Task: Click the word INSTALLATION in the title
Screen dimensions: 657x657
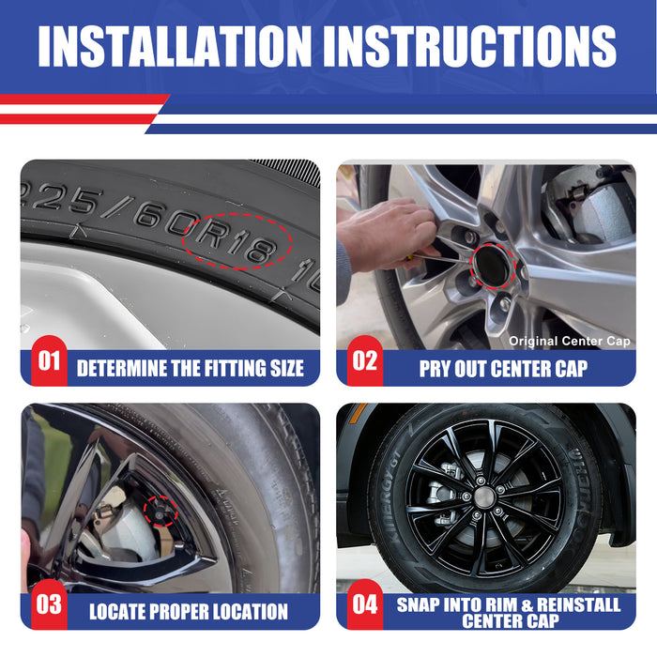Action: point(175,46)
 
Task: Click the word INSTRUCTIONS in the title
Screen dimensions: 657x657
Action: point(469,46)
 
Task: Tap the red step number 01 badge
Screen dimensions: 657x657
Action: point(49,361)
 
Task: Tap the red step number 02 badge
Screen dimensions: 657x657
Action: point(364,361)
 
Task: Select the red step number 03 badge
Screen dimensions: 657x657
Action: point(49,604)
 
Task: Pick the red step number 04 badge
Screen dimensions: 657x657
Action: point(364,604)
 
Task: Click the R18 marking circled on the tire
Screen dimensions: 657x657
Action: point(236,242)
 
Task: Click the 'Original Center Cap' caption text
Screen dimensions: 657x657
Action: point(570,341)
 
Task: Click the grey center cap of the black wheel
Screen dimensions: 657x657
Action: point(483,497)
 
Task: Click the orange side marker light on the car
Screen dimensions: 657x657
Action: point(359,412)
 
